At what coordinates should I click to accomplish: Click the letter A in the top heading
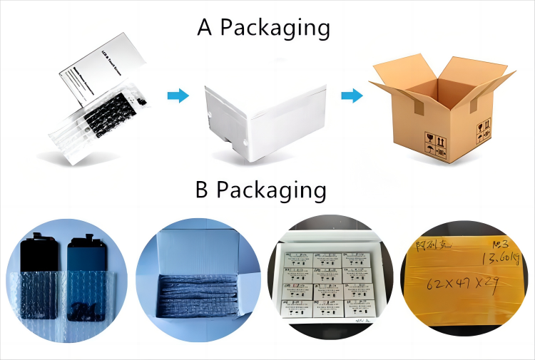click(206, 28)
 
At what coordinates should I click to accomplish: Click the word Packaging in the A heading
click(275, 29)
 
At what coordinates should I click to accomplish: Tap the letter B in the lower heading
click(203, 191)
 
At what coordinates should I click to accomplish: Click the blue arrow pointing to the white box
click(178, 95)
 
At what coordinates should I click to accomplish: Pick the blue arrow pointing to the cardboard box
click(352, 96)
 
